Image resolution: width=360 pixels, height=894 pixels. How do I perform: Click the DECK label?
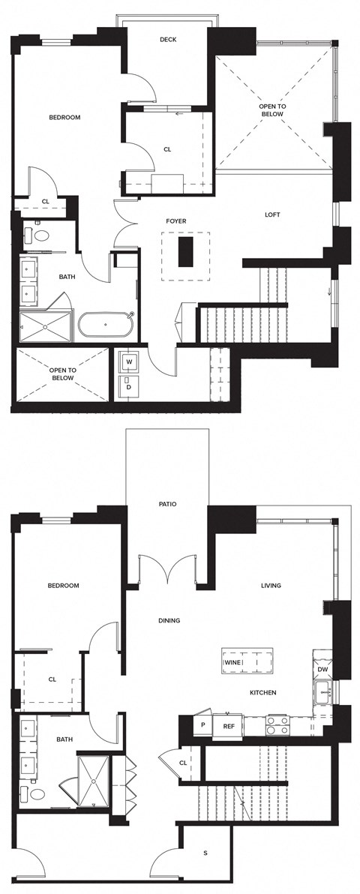tap(168, 40)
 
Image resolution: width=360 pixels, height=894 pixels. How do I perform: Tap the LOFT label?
tap(273, 214)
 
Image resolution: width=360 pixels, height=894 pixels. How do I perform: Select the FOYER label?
tap(176, 221)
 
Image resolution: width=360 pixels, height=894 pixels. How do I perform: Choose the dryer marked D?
tap(129, 387)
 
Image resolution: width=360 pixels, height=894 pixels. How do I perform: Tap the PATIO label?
tap(167, 504)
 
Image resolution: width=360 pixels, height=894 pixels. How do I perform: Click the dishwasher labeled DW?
tap(322, 669)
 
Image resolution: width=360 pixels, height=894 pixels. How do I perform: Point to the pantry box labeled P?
tap(202, 725)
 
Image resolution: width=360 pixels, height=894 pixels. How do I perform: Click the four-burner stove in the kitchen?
tap(277, 725)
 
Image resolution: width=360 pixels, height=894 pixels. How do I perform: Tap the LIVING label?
tap(271, 586)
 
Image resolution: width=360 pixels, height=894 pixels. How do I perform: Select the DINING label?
tap(169, 621)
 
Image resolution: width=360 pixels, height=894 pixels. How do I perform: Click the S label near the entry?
tap(206, 853)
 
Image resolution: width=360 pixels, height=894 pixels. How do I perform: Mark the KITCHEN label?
tap(263, 692)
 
